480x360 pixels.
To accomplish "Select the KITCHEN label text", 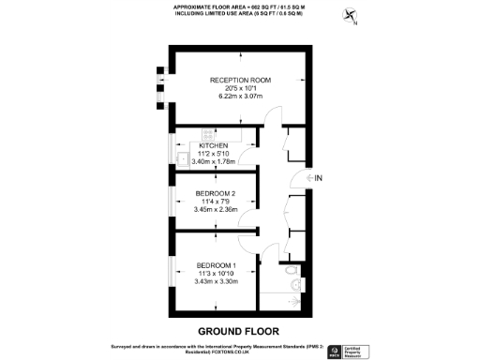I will click(x=215, y=145).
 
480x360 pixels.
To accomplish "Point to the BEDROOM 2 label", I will click(x=214, y=193).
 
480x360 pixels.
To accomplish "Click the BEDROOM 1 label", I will click(x=214, y=265).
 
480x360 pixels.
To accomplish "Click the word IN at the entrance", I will click(x=319, y=178).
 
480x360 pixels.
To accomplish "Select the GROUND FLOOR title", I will click(x=239, y=331).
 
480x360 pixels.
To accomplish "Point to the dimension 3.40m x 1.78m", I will click(x=215, y=161).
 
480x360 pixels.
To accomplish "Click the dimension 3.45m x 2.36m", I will click(x=214, y=209).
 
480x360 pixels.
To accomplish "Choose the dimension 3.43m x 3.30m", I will click(x=214, y=281).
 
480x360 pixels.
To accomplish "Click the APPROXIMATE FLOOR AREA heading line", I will click(x=240, y=7).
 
